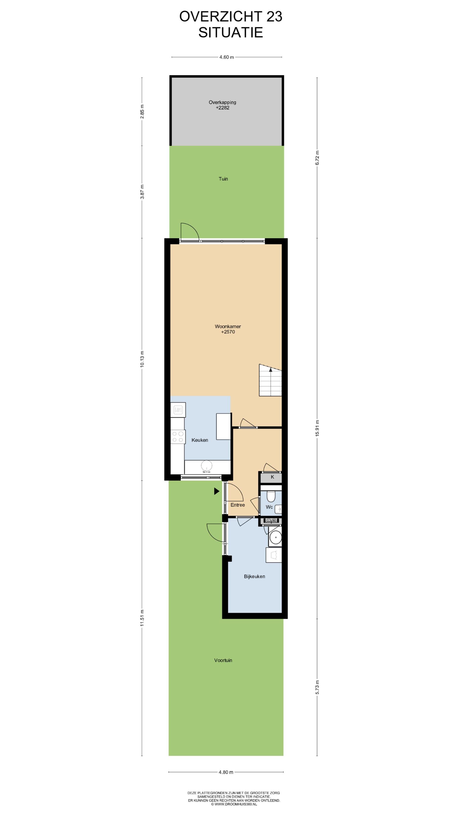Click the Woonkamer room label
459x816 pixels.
(x=228, y=326)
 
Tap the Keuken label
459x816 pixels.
(x=200, y=440)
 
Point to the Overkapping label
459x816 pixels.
(x=222, y=102)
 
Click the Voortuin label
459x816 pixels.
(x=223, y=660)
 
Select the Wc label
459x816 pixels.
(x=269, y=507)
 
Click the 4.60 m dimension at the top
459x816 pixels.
(x=226, y=57)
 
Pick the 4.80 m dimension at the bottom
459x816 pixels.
(x=226, y=772)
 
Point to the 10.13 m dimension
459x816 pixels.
(x=142, y=359)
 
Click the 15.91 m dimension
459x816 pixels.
(x=317, y=428)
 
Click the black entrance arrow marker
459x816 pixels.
(x=217, y=491)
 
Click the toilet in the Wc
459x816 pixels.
(x=271, y=496)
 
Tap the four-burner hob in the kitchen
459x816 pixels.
(x=178, y=437)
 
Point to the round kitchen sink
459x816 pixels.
(x=207, y=465)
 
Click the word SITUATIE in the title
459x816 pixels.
(x=231, y=32)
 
